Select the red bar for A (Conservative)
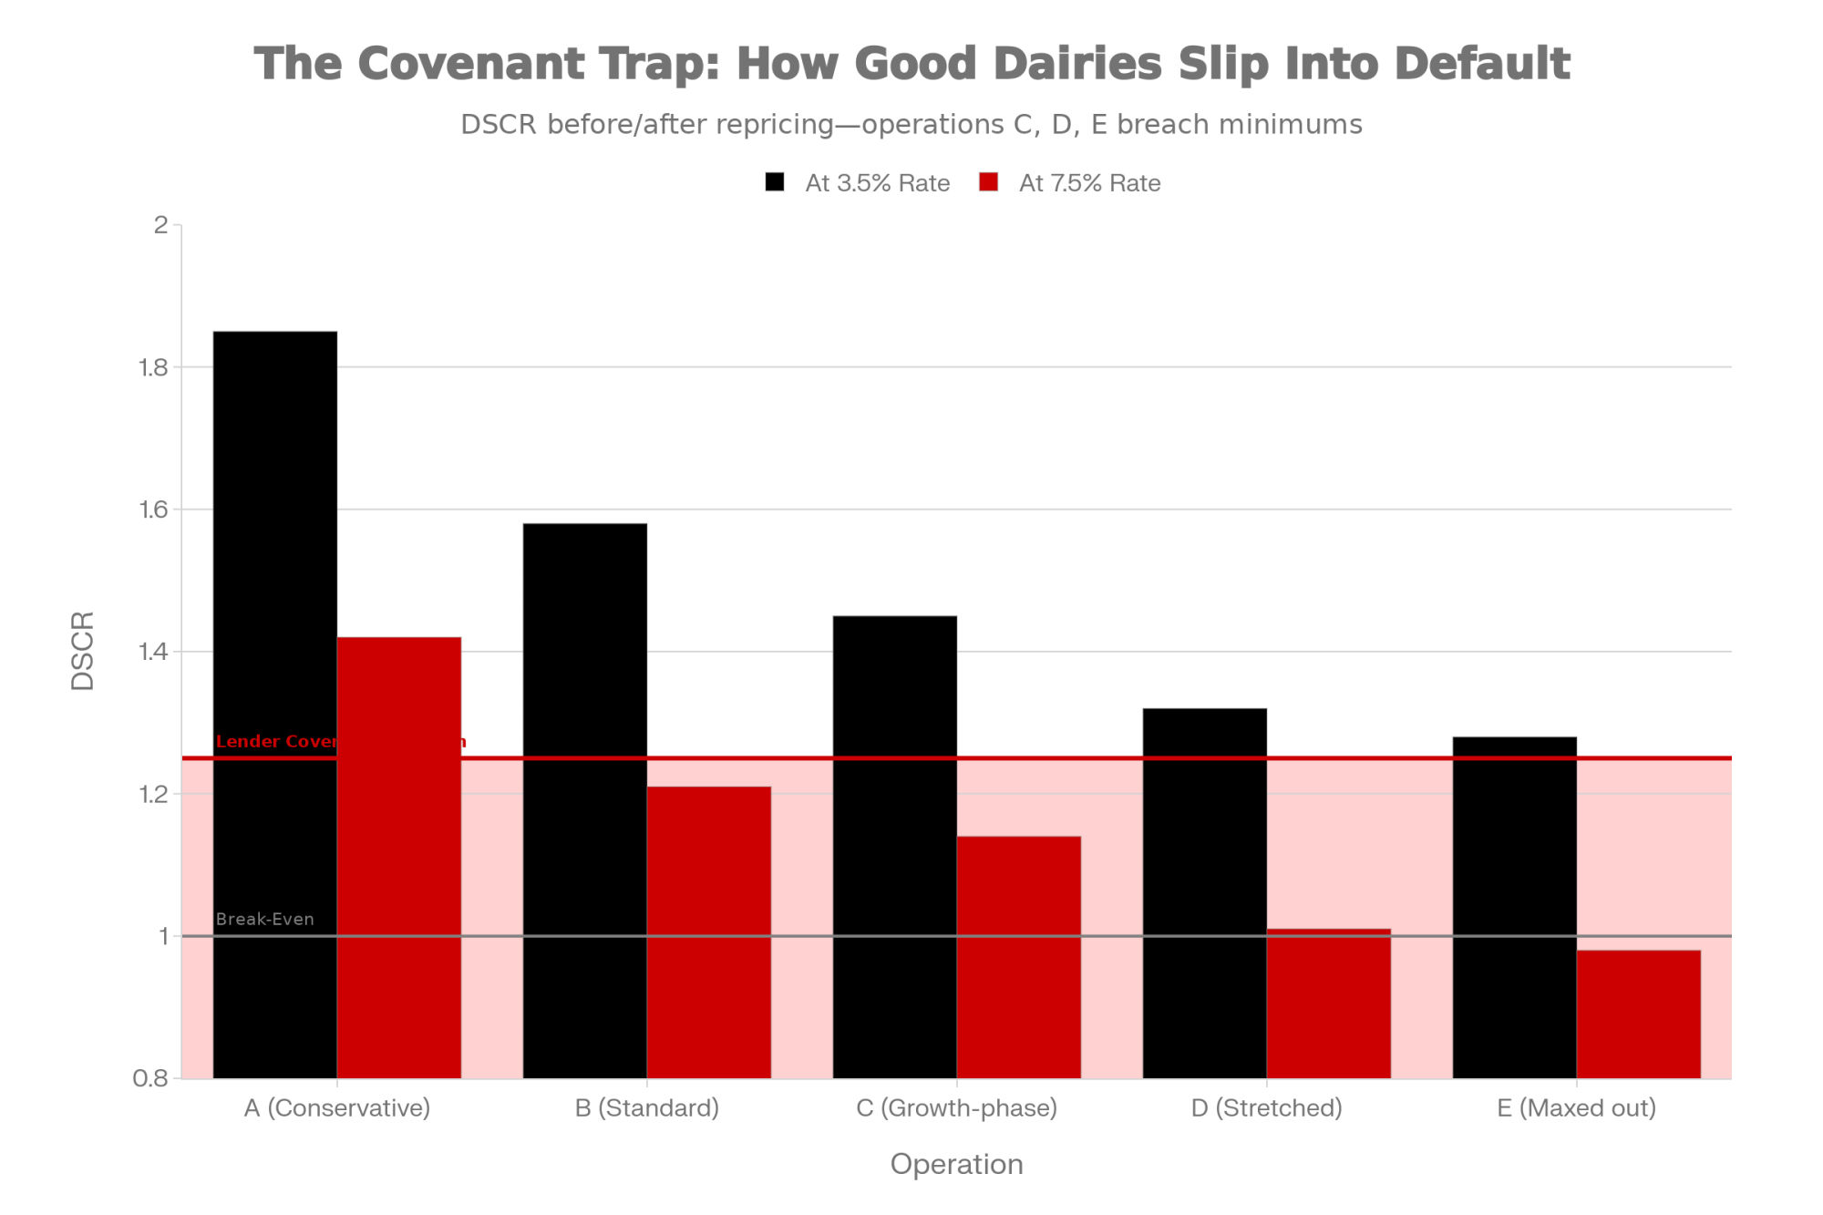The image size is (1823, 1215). [x=399, y=857]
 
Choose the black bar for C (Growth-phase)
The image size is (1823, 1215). [x=895, y=847]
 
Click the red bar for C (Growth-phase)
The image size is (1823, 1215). [x=1019, y=957]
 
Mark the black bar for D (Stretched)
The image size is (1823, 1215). [x=1205, y=893]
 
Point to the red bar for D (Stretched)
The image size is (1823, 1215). [x=1329, y=1004]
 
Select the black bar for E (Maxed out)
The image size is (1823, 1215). [x=1515, y=907]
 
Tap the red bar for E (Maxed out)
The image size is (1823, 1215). [x=1639, y=1014]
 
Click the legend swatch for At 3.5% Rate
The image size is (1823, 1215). [x=775, y=182]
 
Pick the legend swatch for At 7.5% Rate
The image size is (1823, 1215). [x=989, y=182]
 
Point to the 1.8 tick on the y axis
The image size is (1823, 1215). [x=152, y=367]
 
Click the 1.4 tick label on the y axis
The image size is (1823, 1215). [x=152, y=652]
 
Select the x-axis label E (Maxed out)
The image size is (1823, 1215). [x=1577, y=1108]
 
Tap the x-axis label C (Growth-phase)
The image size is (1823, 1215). [x=957, y=1108]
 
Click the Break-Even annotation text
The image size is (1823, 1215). [x=265, y=919]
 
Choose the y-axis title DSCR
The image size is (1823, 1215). [x=83, y=651]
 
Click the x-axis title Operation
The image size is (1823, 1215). [x=957, y=1164]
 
